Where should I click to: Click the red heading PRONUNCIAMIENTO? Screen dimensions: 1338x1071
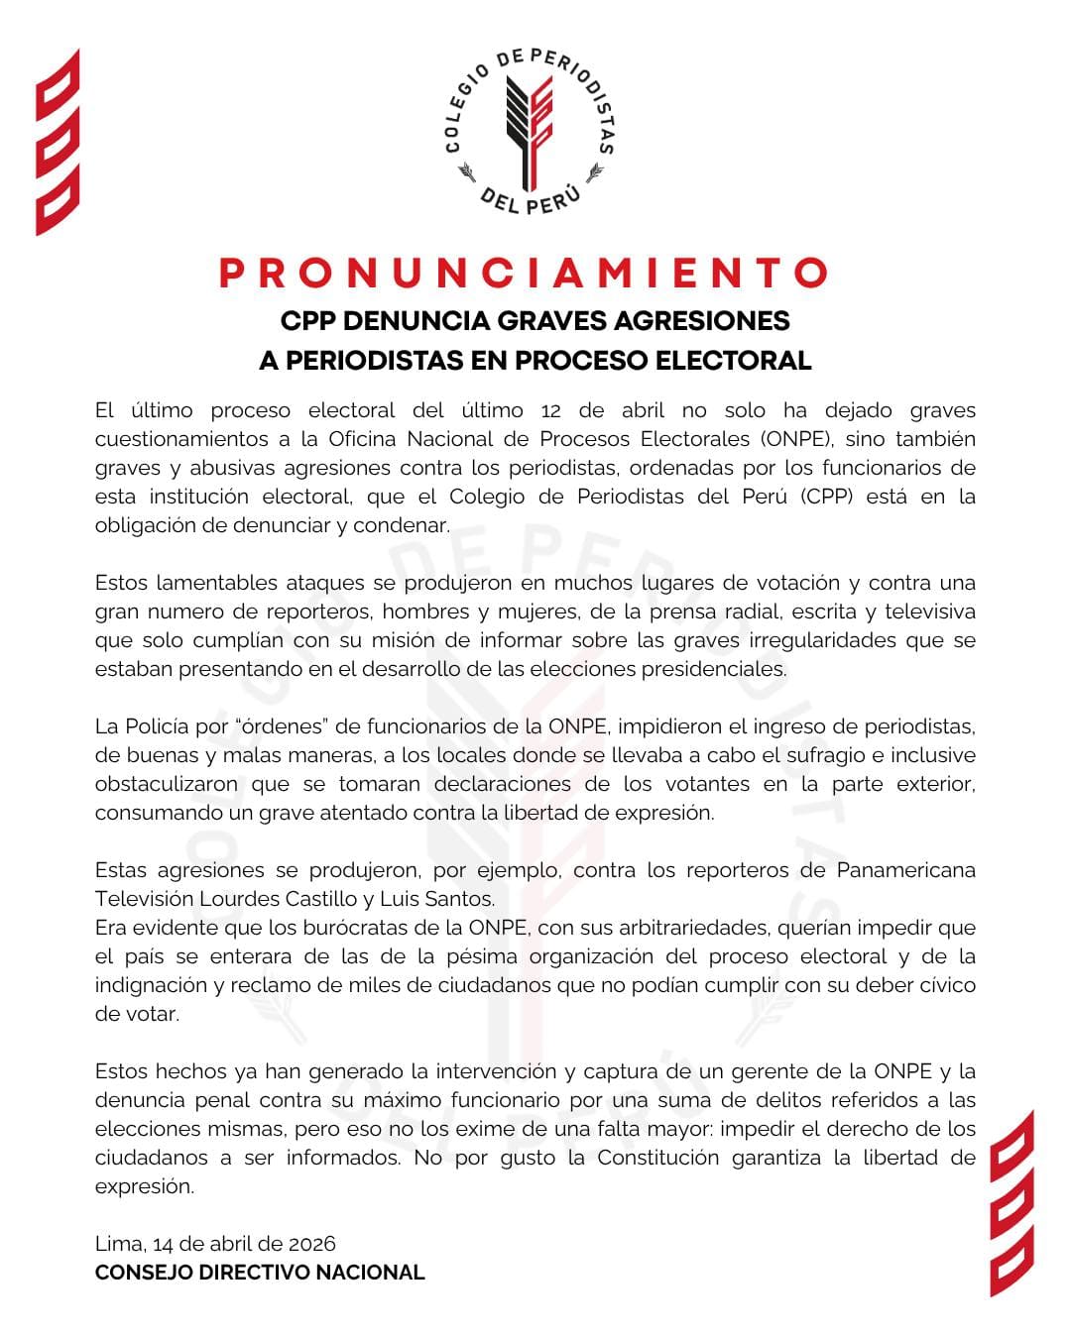tap(524, 274)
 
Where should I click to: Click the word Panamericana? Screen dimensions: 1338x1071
tap(905, 870)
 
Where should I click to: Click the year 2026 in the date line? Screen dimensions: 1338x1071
tap(311, 1244)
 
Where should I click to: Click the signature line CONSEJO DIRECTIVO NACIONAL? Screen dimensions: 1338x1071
tap(260, 1273)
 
